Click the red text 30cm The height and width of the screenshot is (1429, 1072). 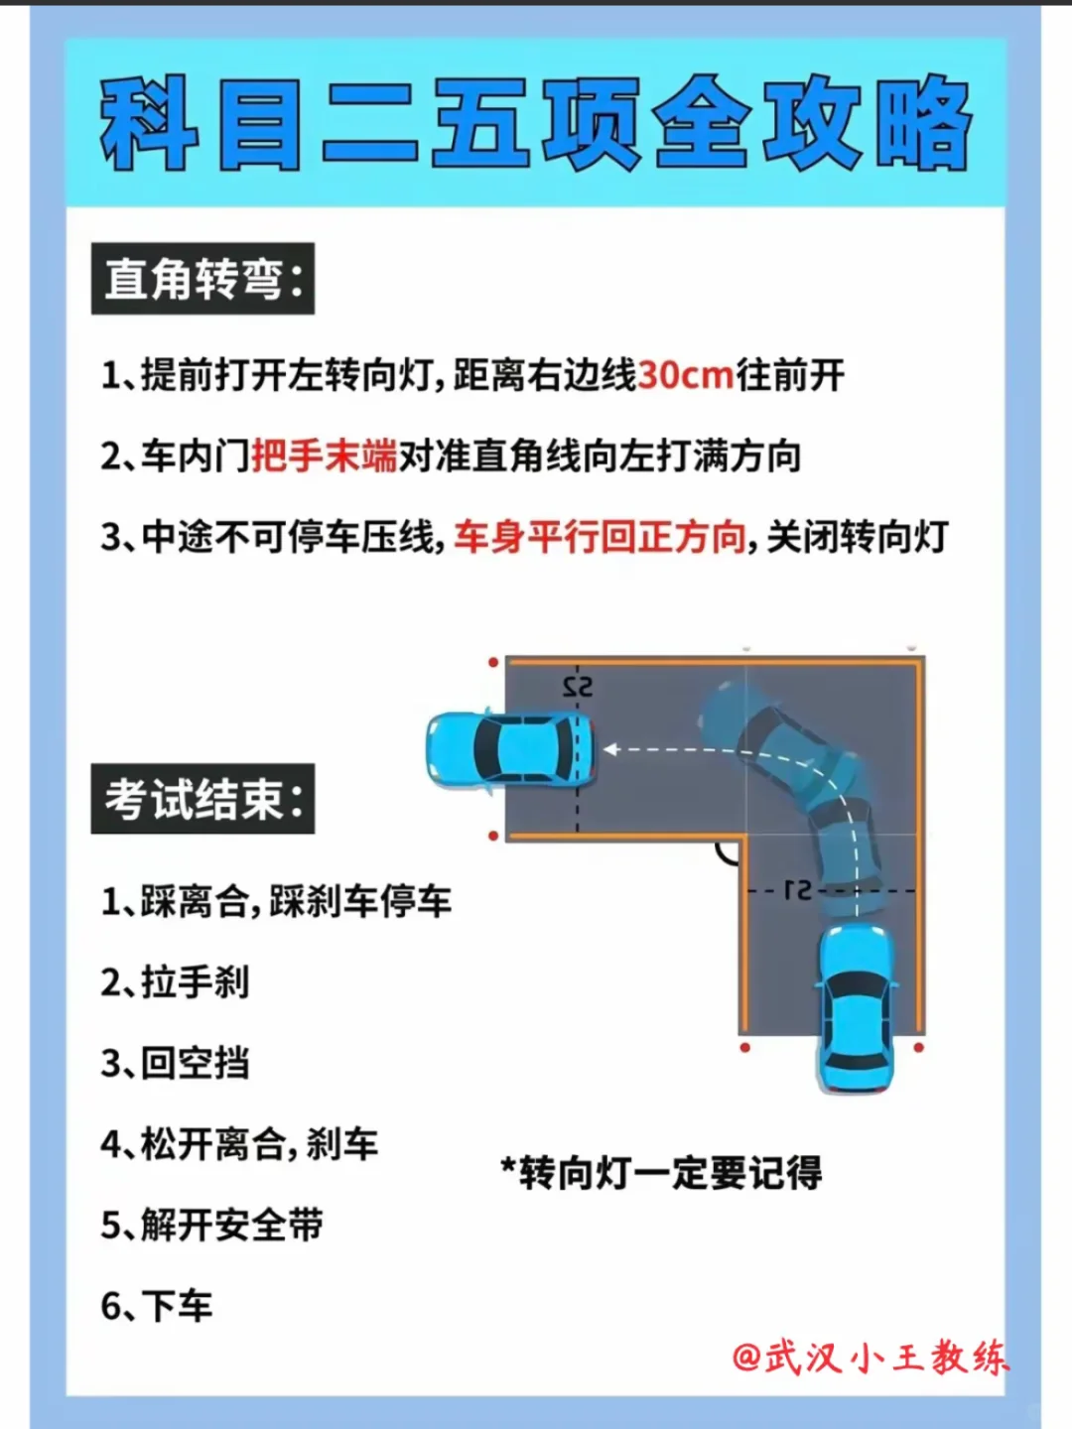pyautogui.click(x=686, y=376)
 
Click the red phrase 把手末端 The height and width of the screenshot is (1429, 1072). pyautogui.click(x=325, y=456)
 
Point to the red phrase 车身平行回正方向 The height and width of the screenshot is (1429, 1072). pyautogui.click(x=600, y=537)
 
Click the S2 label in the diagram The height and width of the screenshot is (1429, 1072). pyautogui.click(x=578, y=688)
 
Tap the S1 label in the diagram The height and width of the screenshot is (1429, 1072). pyautogui.click(x=797, y=890)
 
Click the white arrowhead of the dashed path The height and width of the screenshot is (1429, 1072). pyautogui.click(x=610, y=749)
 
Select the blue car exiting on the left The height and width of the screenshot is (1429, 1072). pyautogui.click(x=509, y=750)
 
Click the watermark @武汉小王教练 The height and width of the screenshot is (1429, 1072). pyautogui.click(x=871, y=1358)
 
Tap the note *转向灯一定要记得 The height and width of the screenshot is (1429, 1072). pyautogui.click(x=661, y=1173)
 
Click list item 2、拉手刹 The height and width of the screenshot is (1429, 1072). pyautogui.click(x=175, y=981)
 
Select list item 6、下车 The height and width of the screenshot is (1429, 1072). pyautogui.click(x=157, y=1305)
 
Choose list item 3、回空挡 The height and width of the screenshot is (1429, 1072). pyautogui.click(x=175, y=1063)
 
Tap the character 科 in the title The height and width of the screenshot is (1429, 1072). pyautogui.click(x=150, y=123)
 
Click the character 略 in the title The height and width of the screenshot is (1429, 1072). pyautogui.click(x=923, y=123)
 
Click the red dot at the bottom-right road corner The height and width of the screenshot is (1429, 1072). pyautogui.click(x=918, y=1048)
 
